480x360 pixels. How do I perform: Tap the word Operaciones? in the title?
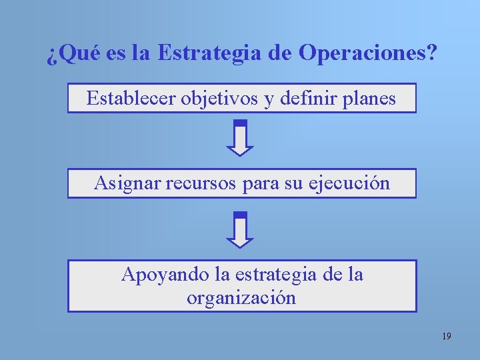pos(368,53)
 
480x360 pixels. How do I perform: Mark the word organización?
pos(241,297)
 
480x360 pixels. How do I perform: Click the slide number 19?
pos(446,337)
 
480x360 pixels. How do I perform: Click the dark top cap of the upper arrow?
pos(241,123)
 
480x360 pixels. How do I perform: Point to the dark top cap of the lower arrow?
pos(241,215)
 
